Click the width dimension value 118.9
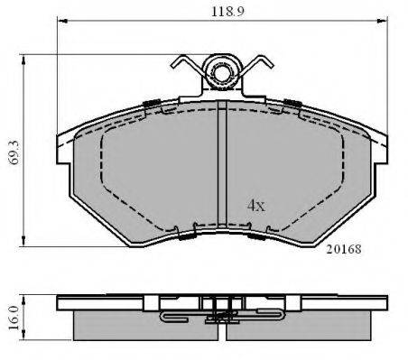point(227,12)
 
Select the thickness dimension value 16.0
point(14,318)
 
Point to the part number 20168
point(344,249)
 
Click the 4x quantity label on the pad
point(256,206)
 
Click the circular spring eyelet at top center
point(222,72)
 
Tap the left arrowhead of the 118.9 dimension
point(62,21)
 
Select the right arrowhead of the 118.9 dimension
point(382,21)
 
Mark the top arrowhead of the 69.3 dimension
point(23,60)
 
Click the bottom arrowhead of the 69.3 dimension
point(23,241)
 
